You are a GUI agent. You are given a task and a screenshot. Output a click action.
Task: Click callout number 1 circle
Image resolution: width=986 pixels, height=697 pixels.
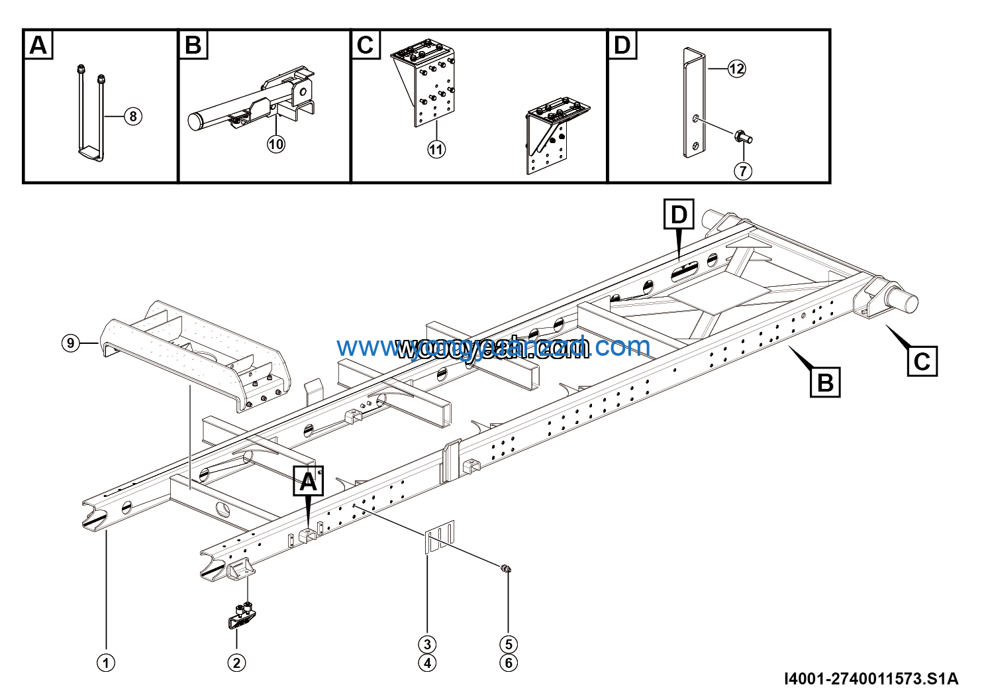point(106,663)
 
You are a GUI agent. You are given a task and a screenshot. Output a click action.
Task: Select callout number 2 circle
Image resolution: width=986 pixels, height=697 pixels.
point(236,663)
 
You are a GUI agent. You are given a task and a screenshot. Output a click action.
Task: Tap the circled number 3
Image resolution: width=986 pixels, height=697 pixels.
point(427,644)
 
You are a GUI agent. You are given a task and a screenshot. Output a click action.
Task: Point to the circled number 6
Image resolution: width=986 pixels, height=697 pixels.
point(508,663)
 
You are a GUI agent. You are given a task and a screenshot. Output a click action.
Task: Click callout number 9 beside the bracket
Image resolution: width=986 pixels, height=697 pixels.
point(71,343)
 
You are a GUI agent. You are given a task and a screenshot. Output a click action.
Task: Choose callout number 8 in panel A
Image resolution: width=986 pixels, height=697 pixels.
point(133,117)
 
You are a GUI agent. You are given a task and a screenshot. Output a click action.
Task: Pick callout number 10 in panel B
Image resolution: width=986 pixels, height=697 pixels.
point(276,144)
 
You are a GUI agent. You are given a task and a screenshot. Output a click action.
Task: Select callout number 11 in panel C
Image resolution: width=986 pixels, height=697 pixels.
point(436,150)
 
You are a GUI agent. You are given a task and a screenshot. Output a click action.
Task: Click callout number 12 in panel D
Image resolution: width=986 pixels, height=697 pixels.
point(736,68)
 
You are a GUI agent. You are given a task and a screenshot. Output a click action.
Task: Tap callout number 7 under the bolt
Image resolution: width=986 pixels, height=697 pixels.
point(743,171)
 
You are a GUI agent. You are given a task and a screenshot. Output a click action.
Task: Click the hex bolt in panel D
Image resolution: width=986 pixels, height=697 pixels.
point(744,138)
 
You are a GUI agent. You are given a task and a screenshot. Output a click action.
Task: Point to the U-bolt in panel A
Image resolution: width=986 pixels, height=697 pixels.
point(89,113)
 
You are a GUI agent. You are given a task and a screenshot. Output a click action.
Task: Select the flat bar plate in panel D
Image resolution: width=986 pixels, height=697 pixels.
point(694,103)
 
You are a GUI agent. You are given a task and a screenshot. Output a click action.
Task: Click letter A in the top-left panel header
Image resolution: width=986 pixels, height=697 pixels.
point(38,45)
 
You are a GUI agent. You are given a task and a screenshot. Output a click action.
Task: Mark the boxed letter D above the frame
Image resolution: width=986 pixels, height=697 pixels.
point(679,215)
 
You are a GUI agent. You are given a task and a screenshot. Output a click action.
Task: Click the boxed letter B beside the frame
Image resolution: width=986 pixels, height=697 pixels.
point(825,382)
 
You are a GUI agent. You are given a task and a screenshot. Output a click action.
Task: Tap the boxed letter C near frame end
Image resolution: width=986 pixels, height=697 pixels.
point(922,361)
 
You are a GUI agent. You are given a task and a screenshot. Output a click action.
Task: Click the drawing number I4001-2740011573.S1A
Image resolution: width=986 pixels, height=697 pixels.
point(871,679)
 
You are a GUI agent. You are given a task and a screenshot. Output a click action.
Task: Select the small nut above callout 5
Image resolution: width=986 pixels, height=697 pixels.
point(506,568)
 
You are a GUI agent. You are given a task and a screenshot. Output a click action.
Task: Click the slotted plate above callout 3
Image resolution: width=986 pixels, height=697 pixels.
point(440,537)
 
